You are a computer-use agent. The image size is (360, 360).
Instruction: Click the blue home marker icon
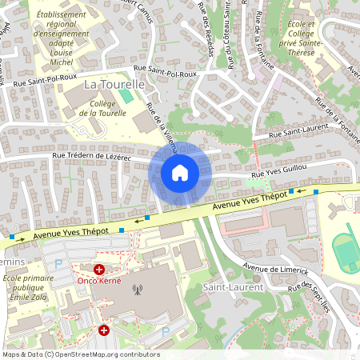180,173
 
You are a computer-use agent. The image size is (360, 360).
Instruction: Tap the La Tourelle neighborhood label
114,84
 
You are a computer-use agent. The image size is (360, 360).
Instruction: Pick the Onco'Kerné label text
99,281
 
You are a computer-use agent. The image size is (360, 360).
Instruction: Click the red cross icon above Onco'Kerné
100,270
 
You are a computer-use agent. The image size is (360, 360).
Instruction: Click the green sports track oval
346,250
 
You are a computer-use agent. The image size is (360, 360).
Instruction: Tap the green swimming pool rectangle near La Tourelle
126,96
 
